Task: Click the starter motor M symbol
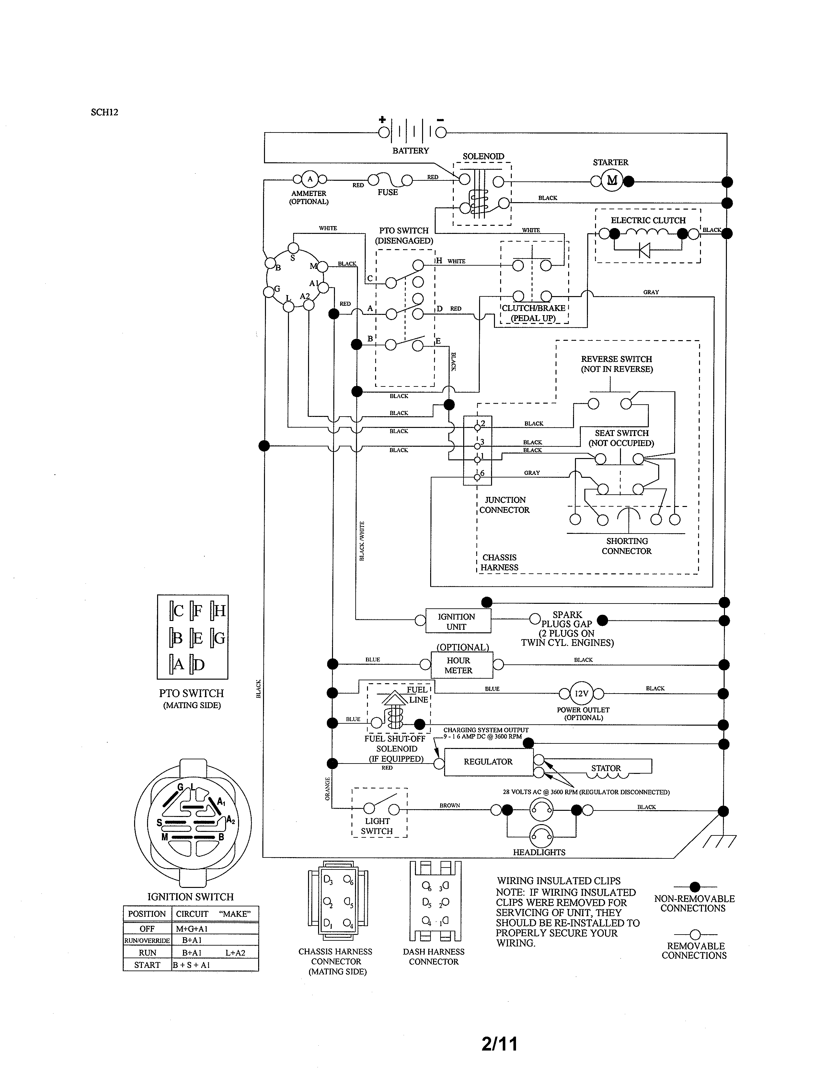pos(612,181)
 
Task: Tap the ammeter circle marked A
pos(310,179)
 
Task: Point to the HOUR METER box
pos(458,665)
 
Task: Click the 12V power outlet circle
pos(581,693)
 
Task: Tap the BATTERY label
pos(410,151)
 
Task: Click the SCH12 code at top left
pos(104,112)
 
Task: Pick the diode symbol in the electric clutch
pos(645,251)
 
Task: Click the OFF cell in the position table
pos(147,928)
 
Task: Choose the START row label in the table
pos(147,965)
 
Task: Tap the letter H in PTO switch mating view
pos(219,611)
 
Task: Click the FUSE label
pos(387,192)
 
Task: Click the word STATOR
pos(606,768)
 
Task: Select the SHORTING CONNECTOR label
pos(627,546)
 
